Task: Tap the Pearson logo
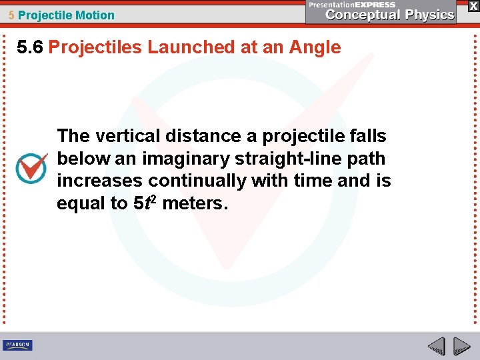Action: (17, 345)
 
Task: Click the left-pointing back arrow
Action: (436, 347)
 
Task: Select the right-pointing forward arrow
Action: (461, 347)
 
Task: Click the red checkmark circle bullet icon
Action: (31, 169)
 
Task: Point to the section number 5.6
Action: (31, 47)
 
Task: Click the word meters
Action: (195, 203)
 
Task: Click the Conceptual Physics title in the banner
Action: (390, 15)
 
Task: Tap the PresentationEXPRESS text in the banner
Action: (352, 5)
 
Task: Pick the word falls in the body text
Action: (367, 136)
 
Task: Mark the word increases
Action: (100, 181)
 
